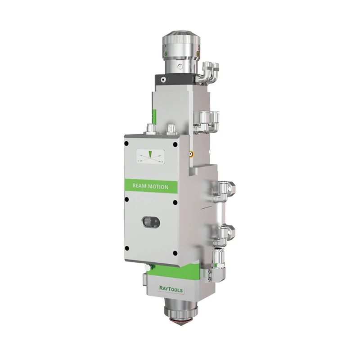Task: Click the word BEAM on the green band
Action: pos(139,186)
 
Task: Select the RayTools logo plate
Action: pos(171,289)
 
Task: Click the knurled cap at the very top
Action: pos(181,40)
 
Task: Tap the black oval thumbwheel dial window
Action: pos(151,222)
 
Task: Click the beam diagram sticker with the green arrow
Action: pos(150,156)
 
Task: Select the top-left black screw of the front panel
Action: pos(126,144)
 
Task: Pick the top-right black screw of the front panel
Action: pos(175,144)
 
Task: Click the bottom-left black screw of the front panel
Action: pos(127,248)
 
